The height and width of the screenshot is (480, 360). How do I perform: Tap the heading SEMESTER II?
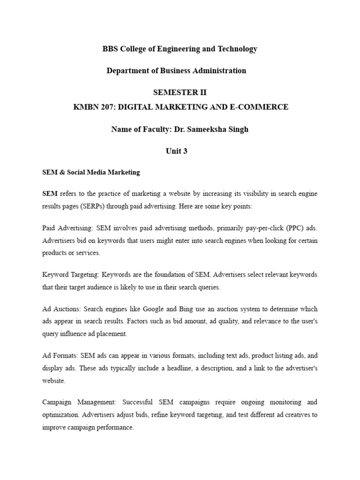click(180, 92)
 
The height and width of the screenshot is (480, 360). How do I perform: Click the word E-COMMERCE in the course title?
click(265, 107)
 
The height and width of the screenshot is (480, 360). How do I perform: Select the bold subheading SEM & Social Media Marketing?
click(91, 172)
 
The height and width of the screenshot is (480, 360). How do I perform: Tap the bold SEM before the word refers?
click(50, 194)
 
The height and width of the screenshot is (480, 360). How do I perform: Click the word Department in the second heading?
click(128, 71)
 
